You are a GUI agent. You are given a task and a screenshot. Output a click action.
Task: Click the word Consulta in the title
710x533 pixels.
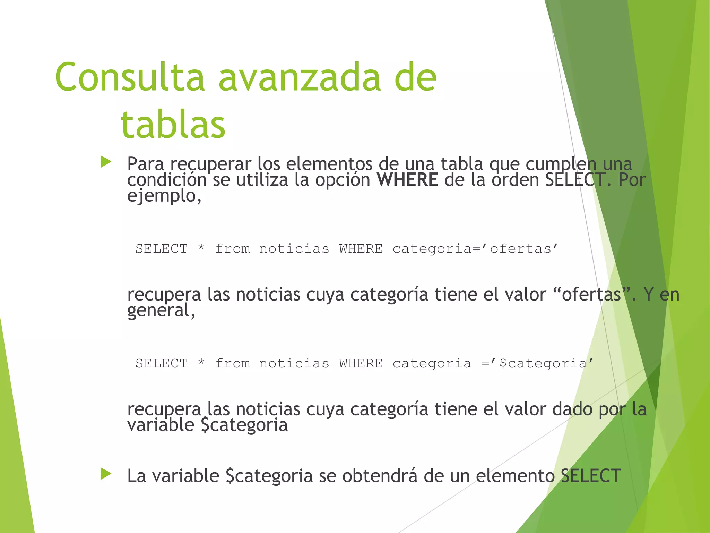130,77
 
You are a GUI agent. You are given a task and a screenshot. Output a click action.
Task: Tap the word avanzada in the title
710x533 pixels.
300,77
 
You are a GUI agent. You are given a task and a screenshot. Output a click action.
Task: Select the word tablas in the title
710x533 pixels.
173,124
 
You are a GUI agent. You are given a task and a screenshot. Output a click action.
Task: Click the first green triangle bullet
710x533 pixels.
106,162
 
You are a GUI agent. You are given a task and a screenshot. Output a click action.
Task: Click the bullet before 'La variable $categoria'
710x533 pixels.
106,474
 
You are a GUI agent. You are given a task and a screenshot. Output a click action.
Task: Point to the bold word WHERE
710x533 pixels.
407,180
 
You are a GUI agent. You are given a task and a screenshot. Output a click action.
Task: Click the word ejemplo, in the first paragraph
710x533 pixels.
164,196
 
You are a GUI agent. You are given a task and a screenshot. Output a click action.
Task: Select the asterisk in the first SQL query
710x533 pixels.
201,248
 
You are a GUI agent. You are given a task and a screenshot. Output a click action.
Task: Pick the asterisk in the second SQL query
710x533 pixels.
201,363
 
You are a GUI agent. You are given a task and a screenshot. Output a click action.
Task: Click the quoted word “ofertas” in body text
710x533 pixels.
591,295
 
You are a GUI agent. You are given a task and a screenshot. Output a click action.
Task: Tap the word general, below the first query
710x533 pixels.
161,311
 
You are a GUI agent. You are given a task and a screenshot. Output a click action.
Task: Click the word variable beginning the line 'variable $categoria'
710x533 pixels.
161,425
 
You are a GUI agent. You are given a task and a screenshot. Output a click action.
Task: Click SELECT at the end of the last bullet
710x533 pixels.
590,476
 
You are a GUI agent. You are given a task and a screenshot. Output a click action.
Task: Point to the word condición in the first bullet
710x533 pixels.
167,180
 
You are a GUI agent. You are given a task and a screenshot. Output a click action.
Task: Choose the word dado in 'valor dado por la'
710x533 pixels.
572,409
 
